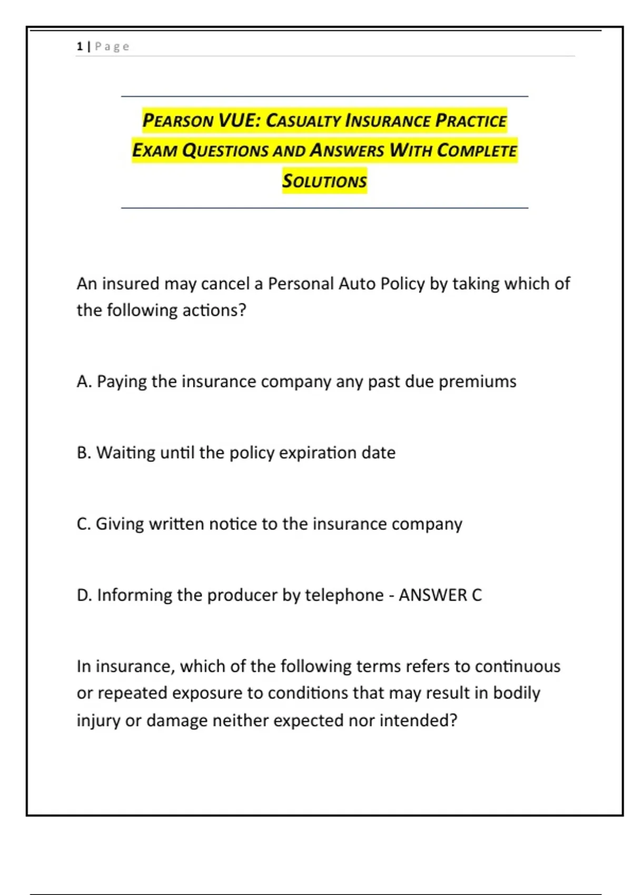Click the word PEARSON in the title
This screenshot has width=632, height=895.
[177, 121]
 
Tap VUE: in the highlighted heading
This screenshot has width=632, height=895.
[239, 120]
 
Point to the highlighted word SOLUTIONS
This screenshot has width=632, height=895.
[324, 181]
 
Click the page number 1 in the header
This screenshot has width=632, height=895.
[80, 46]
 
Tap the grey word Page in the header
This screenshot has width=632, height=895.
[112, 46]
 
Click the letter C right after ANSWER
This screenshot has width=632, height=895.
[477, 595]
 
